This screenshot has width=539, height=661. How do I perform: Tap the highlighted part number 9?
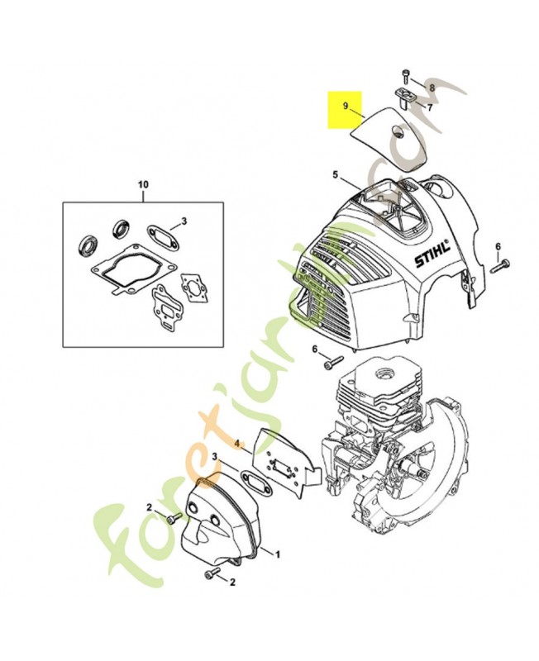346,106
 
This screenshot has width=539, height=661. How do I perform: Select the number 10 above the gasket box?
143,184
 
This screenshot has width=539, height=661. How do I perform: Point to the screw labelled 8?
406,78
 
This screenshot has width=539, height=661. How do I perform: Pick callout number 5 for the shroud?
336,174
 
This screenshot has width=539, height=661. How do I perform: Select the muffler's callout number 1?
278,554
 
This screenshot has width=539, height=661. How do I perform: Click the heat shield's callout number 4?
237,444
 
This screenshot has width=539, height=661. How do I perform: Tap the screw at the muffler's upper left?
174,519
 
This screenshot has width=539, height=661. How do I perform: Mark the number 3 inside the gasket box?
184,221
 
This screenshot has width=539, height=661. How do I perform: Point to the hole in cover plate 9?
397,131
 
